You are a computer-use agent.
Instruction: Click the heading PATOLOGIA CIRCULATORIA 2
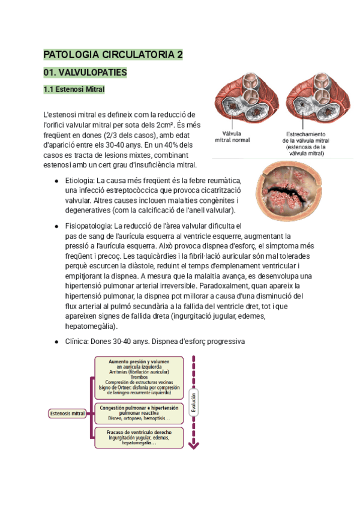(x=113, y=55)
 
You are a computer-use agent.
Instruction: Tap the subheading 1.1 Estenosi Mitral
(x=74, y=90)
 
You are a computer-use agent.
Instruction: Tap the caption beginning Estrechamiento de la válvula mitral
(x=305, y=143)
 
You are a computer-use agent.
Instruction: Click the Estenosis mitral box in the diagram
(x=67, y=413)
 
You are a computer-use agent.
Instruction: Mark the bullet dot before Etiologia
(x=56, y=181)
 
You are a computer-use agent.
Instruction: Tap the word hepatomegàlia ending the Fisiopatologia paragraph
(x=90, y=326)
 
